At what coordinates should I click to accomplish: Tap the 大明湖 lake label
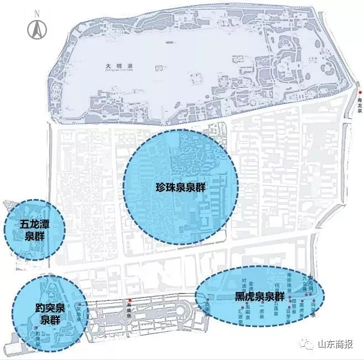116,66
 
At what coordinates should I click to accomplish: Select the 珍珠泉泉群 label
181,187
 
